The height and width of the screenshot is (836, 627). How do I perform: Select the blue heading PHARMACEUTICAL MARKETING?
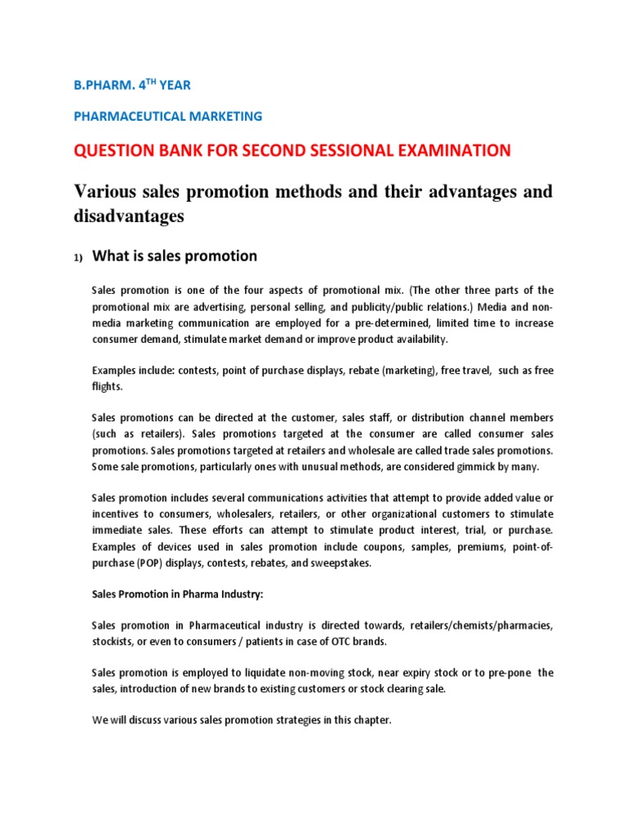click(x=168, y=116)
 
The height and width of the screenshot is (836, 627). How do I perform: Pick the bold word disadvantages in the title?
click(x=129, y=217)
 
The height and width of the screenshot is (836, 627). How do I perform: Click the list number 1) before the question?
click(x=78, y=258)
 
